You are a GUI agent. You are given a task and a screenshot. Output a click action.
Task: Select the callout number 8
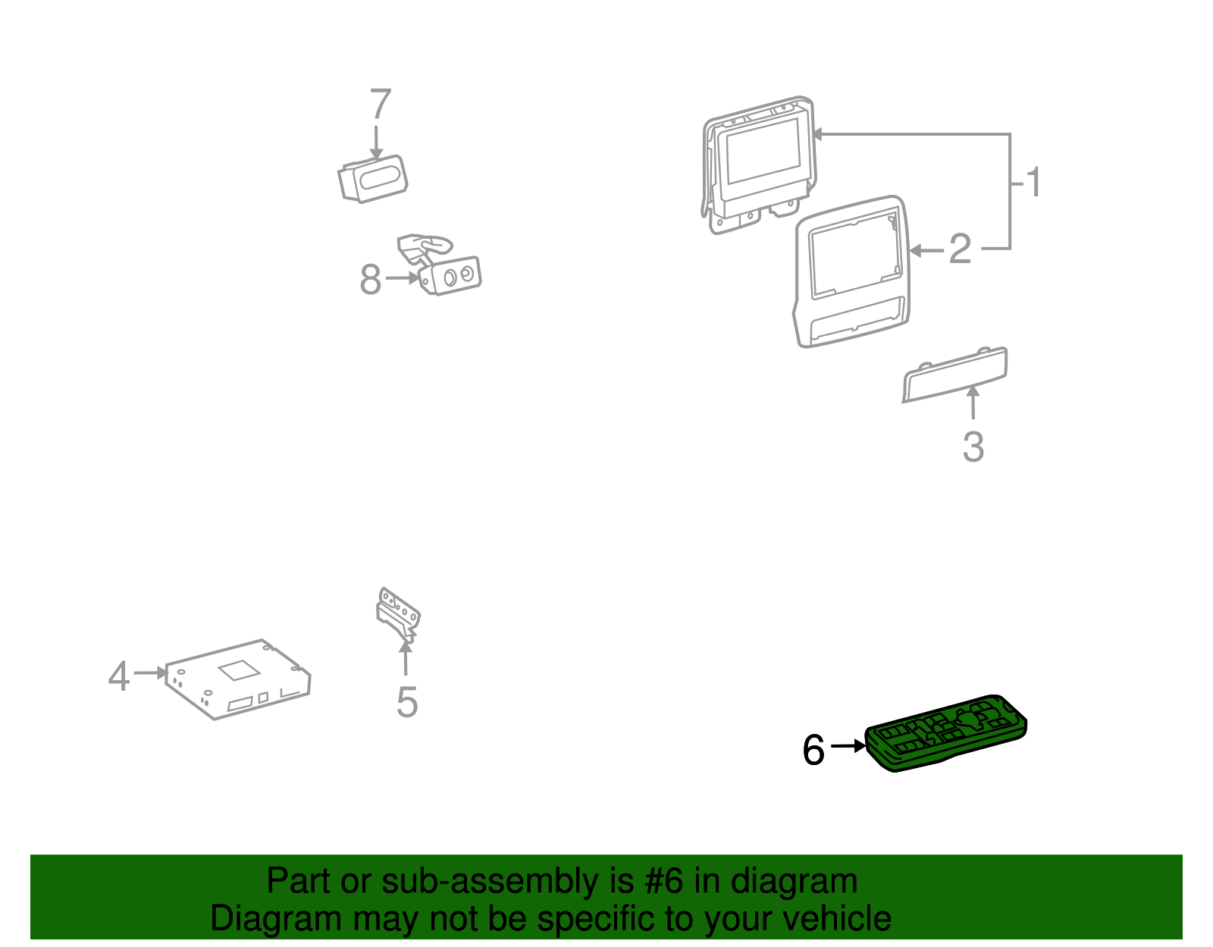(x=371, y=279)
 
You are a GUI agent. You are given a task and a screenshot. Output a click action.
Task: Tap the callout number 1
(x=1033, y=182)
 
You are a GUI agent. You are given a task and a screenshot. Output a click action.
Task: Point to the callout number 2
(x=960, y=249)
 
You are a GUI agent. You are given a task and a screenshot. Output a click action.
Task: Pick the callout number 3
(x=973, y=447)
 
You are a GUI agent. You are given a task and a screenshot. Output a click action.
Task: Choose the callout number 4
(x=119, y=676)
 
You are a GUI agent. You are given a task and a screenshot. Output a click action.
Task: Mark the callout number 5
(x=407, y=702)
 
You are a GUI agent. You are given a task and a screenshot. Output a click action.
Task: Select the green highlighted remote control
(x=945, y=732)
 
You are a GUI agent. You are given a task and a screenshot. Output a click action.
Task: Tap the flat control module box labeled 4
(x=238, y=679)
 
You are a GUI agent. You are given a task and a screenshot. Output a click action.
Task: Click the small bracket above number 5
(x=398, y=615)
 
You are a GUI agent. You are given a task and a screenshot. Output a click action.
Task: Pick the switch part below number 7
(x=373, y=179)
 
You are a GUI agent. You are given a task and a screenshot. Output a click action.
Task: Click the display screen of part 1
(x=763, y=151)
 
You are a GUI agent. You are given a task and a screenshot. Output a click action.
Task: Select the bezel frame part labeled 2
(x=851, y=271)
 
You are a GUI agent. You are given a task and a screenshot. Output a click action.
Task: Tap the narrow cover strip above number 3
(x=955, y=375)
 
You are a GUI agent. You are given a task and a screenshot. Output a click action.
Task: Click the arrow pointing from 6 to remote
(x=848, y=745)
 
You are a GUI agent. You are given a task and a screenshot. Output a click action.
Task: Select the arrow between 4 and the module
(x=151, y=673)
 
